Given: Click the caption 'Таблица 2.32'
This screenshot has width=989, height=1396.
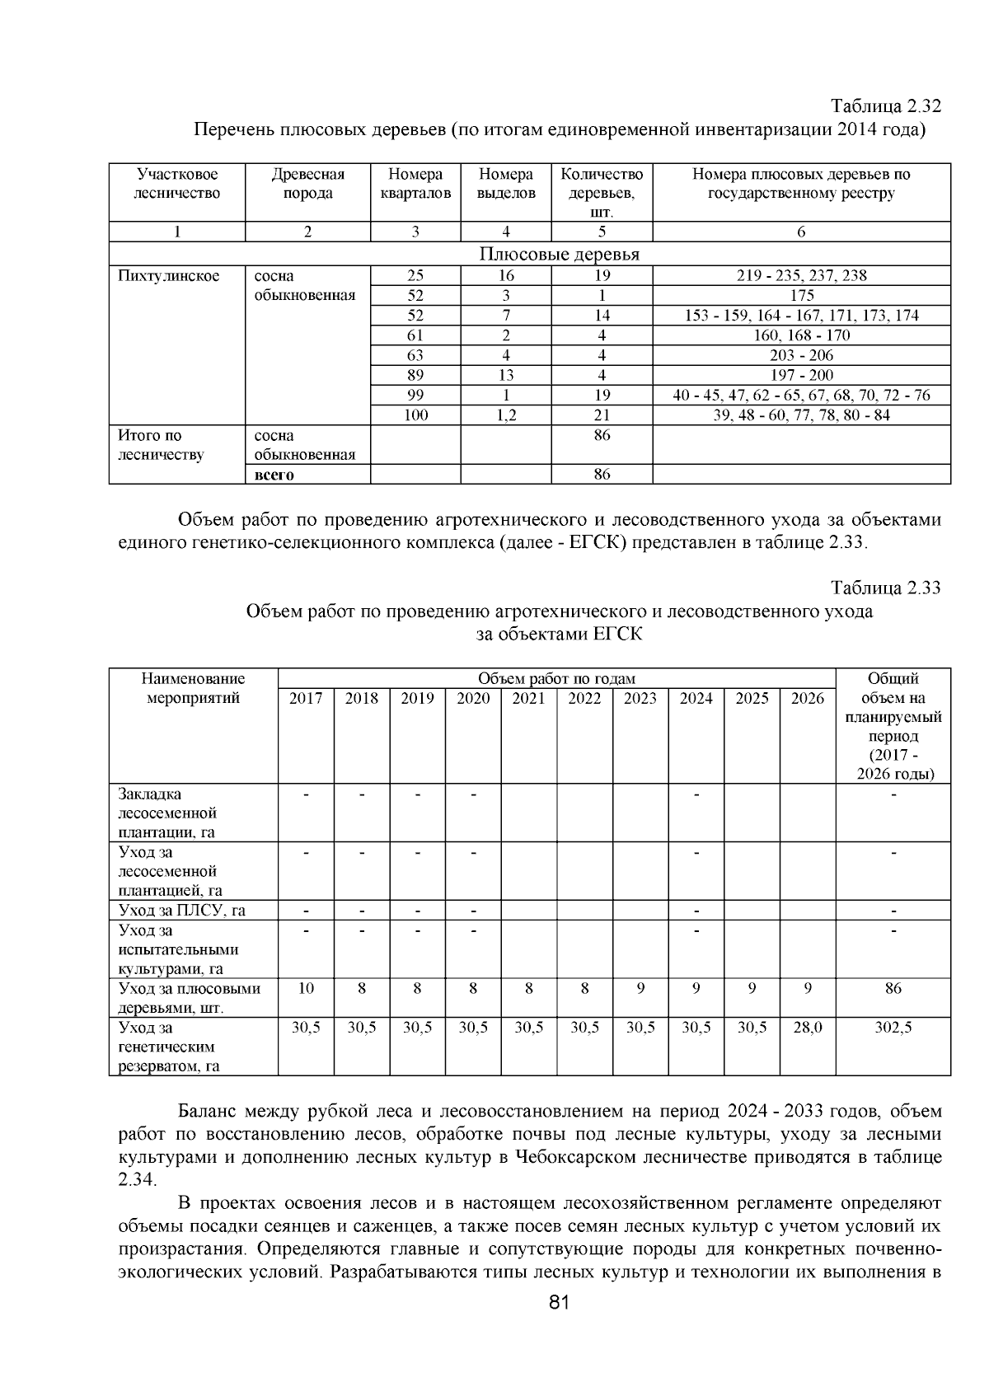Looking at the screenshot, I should coord(885,107).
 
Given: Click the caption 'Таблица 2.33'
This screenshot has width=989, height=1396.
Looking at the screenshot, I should coord(885,588).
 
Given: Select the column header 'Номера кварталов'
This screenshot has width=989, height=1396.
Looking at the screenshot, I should coord(415,184).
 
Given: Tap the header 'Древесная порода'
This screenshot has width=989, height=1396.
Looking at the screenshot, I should coord(307,184).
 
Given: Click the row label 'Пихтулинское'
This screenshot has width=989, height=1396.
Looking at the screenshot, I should coord(169,276).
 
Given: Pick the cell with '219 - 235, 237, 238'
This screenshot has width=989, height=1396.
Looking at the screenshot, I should coord(801,276).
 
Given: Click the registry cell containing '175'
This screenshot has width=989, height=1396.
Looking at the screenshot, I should coord(801,296).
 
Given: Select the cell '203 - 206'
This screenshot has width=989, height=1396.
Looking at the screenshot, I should coord(801,355).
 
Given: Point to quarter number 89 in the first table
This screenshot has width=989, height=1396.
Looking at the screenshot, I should coord(415,375).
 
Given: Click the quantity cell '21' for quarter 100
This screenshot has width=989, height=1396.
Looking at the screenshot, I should coord(602,415).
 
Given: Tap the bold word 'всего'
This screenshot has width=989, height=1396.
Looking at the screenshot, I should coord(274,475).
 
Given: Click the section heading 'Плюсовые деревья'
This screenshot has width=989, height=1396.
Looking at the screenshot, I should coord(560,255).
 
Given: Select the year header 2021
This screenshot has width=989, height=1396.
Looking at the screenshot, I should coord(528,699).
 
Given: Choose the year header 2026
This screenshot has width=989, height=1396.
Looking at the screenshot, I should coord(807,699).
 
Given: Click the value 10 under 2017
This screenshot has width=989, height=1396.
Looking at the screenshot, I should coord(306,988).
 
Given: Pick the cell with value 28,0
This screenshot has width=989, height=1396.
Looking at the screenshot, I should coord(807,1028).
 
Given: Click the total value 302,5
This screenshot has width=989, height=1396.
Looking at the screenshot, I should coord(893,1028).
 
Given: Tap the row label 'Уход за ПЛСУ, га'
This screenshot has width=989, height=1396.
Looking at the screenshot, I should coord(182,911).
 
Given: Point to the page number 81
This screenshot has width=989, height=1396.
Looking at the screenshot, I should coord(559,1326).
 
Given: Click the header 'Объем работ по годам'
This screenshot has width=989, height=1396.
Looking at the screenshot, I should coord(556,679).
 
